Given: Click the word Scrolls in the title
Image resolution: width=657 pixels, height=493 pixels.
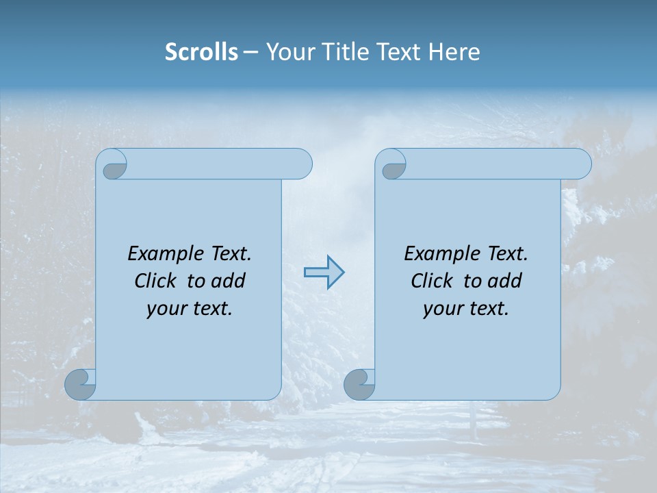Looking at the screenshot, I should coord(201,52).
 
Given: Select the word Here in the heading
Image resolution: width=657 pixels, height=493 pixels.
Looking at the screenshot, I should coord(454,52).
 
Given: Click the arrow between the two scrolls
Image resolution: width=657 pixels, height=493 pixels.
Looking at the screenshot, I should coord(324,273).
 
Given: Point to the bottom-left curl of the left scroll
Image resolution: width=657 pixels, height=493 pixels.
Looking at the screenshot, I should coord(81,385).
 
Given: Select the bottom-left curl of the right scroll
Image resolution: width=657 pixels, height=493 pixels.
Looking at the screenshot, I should coord(360,385).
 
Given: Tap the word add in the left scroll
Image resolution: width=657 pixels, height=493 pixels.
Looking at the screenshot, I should coord(228,281).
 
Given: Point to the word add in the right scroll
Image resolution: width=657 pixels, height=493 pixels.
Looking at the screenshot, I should coord(504,281).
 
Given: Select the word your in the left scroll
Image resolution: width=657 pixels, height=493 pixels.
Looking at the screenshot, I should coord(166,309).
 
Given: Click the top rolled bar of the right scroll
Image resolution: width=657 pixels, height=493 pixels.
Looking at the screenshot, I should coord(493,164).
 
